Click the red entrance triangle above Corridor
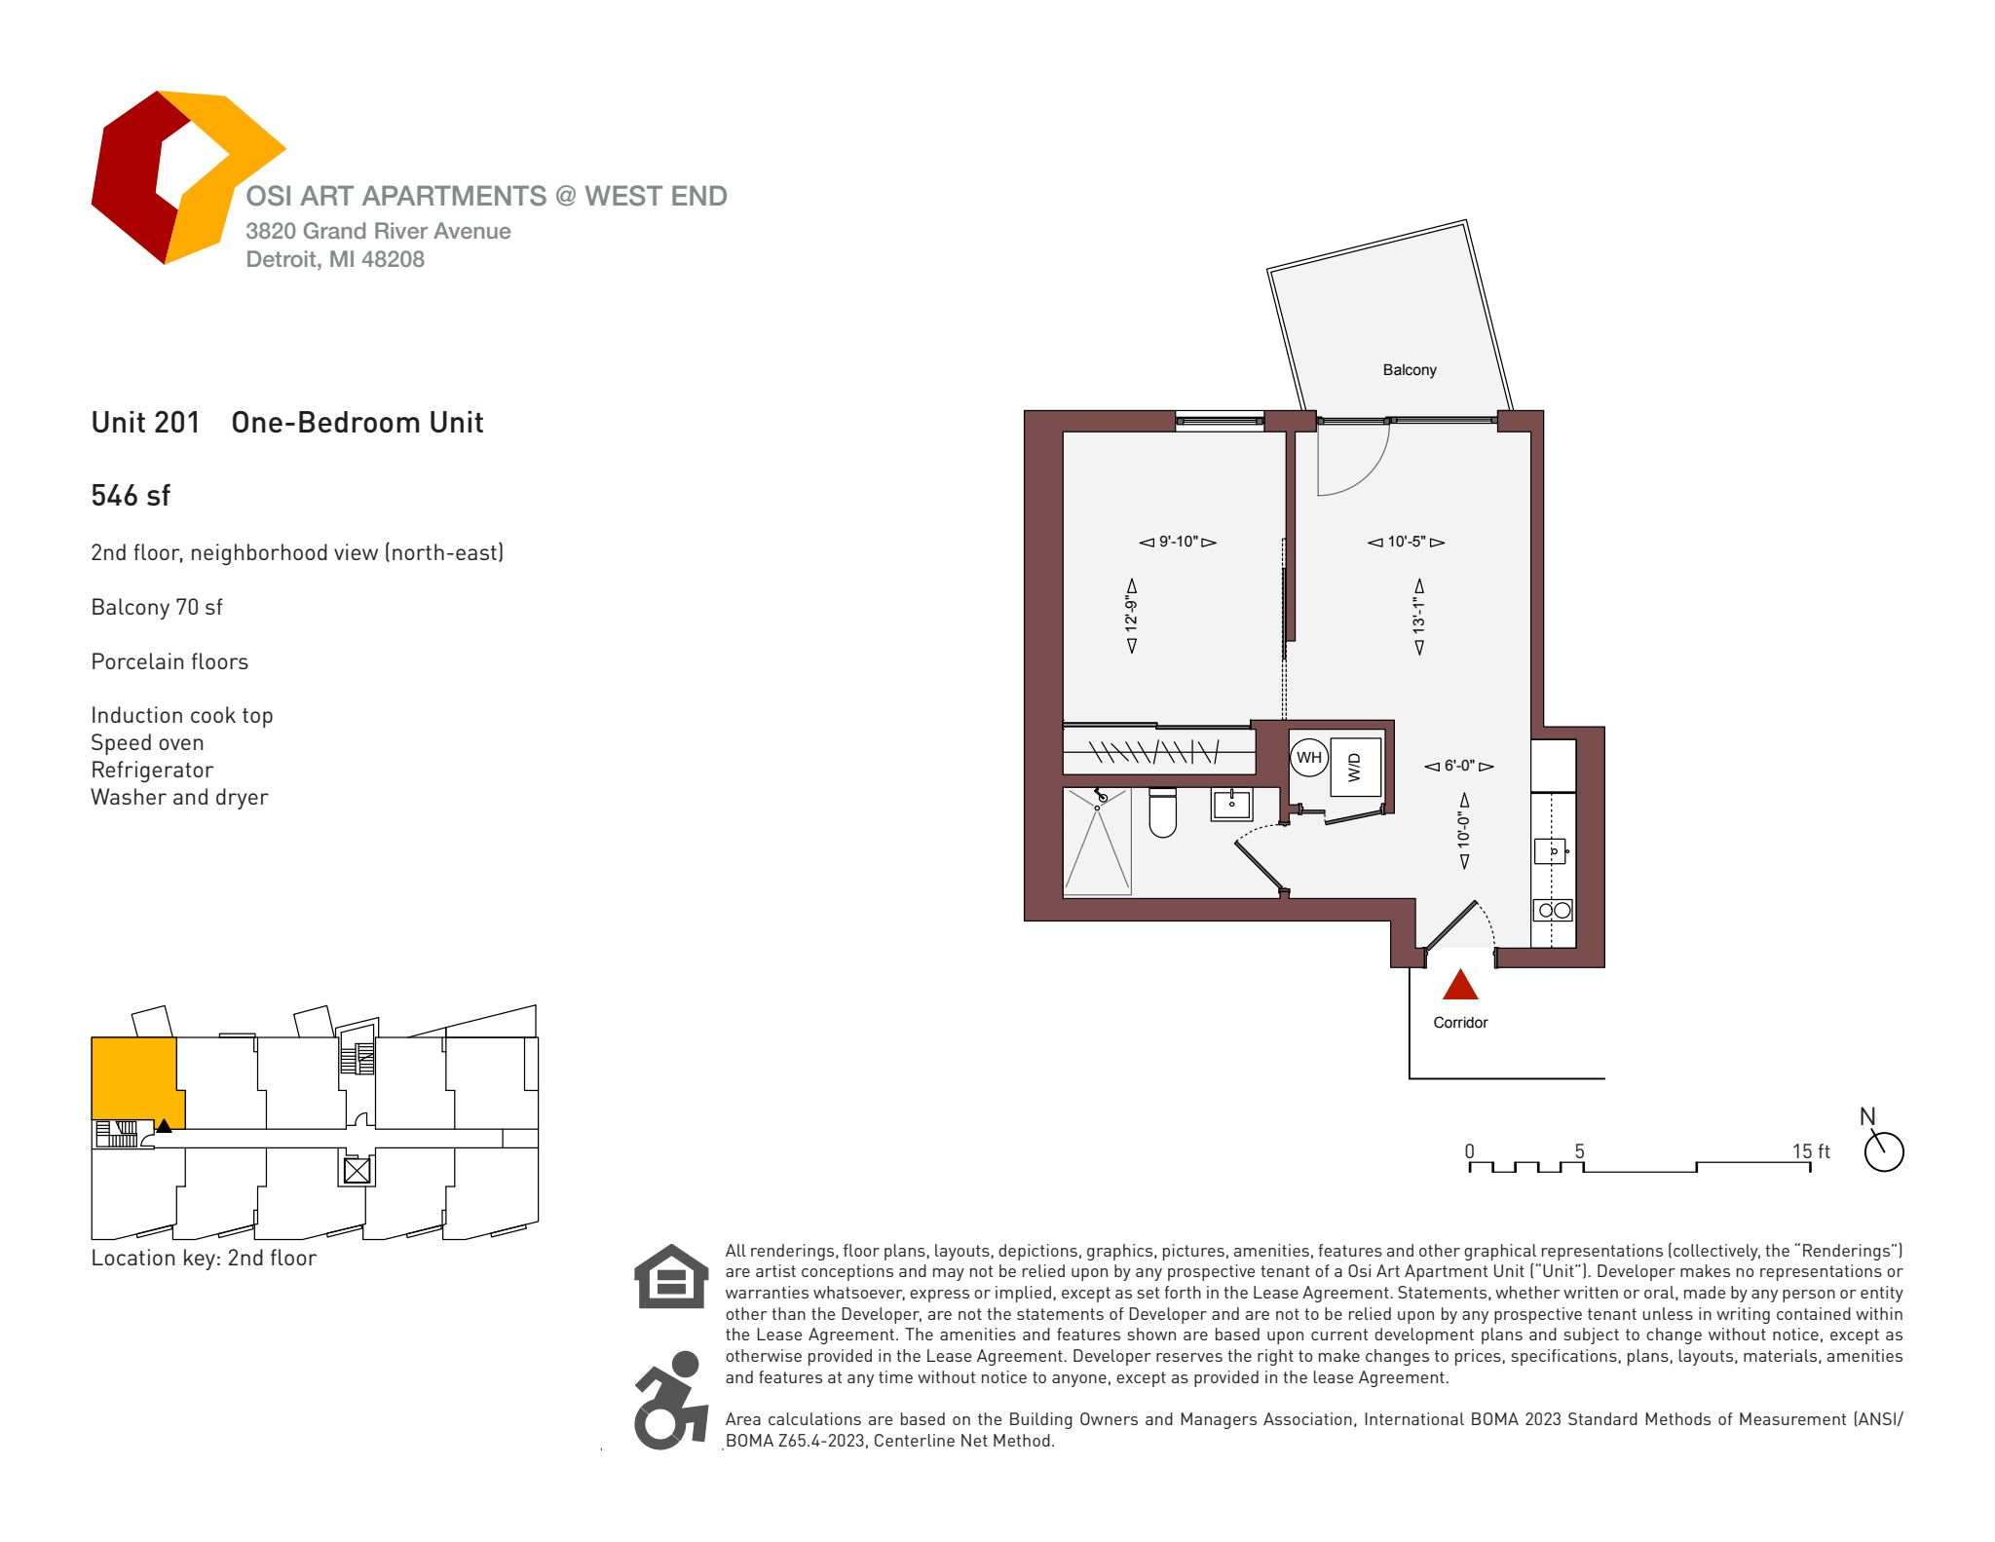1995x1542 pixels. pos(1459,986)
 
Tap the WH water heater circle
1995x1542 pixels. pos(1308,758)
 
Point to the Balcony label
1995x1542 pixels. pos(1409,370)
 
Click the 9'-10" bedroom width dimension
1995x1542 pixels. pos(1178,542)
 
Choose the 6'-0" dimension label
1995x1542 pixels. pos(1458,767)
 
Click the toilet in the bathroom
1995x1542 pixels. pos(1162,813)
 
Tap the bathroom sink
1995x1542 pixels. pos(1231,806)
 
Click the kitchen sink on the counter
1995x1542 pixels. pos(1551,851)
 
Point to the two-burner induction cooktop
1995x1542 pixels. pos(1553,911)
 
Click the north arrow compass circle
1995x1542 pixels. pos(1884,1152)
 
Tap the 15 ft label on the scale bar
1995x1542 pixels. pos(1810,1151)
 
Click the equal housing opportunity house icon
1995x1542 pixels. pos(670,1276)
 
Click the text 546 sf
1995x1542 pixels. pos(131,496)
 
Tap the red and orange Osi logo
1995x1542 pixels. pos(185,177)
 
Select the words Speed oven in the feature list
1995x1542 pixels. pos(147,743)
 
